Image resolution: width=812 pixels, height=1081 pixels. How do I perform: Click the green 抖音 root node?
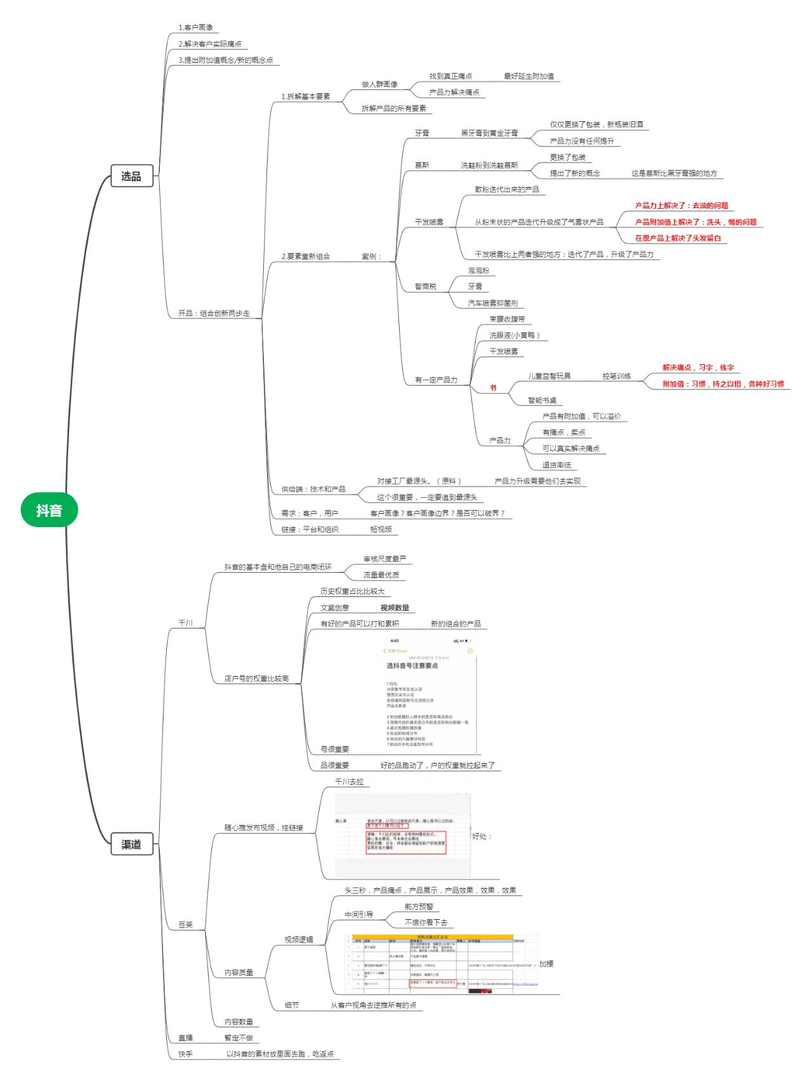tap(49, 510)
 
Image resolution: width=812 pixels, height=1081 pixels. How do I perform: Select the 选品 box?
tap(131, 176)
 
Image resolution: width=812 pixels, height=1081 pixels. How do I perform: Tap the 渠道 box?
tap(131, 844)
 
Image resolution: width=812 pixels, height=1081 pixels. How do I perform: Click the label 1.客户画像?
tap(195, 27)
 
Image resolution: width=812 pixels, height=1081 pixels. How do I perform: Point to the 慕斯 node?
tap(422, 165)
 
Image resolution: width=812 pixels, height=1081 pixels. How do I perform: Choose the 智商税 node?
tap(426, 287)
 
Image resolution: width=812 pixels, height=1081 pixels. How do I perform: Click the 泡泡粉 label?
tap(478, 270)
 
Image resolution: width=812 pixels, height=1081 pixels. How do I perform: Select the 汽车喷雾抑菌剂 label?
tap(492, 303)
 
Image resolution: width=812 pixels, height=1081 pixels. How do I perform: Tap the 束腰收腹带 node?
tap(507, 319)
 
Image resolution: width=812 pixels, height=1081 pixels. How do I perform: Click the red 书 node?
tap(493, 388)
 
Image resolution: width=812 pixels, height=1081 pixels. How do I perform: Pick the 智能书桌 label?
tap(542, 400)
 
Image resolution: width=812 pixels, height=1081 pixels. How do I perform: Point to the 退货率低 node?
tap(556, 465)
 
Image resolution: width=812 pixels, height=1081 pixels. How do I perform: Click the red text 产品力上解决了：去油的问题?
tap(681, 206)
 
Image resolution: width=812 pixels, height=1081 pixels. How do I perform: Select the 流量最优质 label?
tap(381, 575)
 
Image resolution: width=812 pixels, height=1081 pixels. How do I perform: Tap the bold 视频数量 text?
tap(395, 608)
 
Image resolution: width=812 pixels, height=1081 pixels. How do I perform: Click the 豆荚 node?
tap(185, 925)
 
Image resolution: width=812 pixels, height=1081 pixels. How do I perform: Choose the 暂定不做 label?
tap(239, 1038)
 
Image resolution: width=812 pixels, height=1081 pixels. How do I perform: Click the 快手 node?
tap(185, 1054)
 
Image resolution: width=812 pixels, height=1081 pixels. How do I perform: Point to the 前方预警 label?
tap(419, 907)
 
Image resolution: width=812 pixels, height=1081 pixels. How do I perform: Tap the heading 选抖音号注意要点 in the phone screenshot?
tap(412, 665)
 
